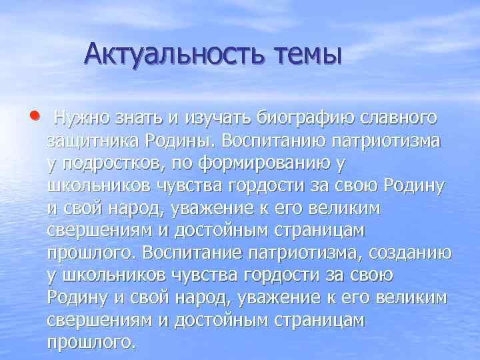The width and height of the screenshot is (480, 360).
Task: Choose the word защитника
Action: pos(93,141)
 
